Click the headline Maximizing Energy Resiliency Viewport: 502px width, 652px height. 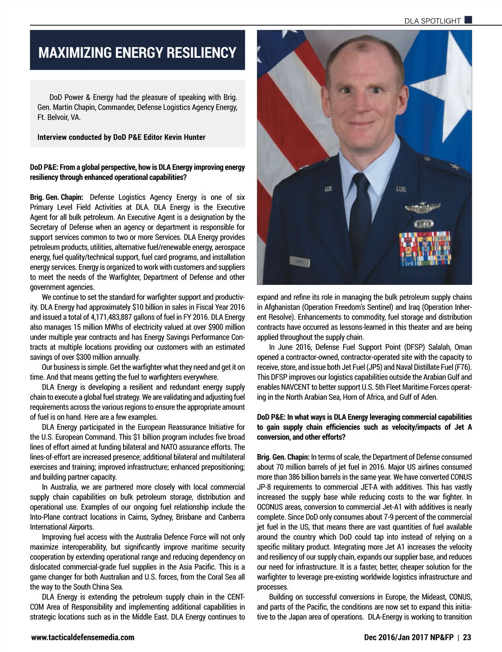137,53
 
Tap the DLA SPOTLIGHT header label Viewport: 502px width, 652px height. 432,21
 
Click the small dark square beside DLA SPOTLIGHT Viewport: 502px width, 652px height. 468,19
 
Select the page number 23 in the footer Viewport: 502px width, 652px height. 467,637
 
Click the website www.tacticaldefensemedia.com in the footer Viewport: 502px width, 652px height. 83,637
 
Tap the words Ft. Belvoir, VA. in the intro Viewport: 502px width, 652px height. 59,118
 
